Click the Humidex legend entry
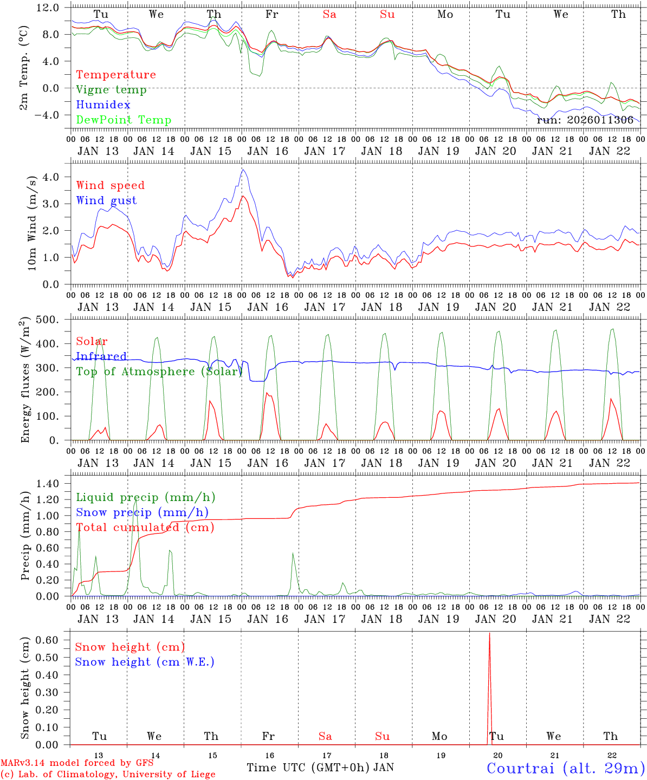95,105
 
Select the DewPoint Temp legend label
124,120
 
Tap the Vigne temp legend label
111,90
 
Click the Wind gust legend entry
106,200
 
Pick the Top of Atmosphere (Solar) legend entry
159,372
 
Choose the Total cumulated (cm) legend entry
145,528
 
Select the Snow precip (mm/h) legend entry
142,512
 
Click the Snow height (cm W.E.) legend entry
144,662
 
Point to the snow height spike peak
489,633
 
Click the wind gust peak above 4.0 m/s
243,170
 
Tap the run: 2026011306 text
585,120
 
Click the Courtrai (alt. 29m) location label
565,768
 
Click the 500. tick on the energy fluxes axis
47,320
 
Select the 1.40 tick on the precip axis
47,484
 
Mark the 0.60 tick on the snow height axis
47,640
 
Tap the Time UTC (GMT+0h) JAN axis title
320,768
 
